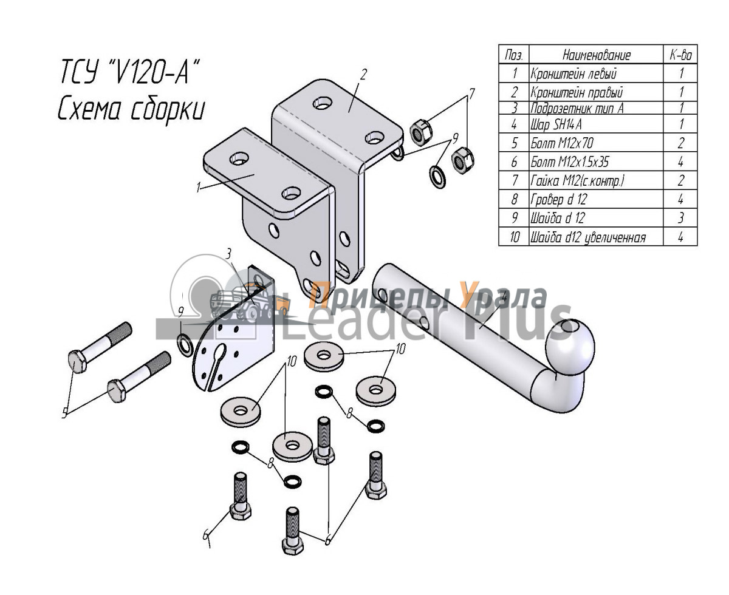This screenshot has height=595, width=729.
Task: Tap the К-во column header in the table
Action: point(681,55)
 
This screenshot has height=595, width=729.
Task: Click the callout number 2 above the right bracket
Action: point(363,75)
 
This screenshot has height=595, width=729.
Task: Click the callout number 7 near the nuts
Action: point(470,94)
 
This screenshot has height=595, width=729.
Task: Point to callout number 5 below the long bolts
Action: point(64,414)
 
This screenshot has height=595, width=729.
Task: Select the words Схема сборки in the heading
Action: point(131,110)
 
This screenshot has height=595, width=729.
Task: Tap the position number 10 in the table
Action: point(514,237)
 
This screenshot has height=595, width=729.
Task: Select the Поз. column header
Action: point(514,55)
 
